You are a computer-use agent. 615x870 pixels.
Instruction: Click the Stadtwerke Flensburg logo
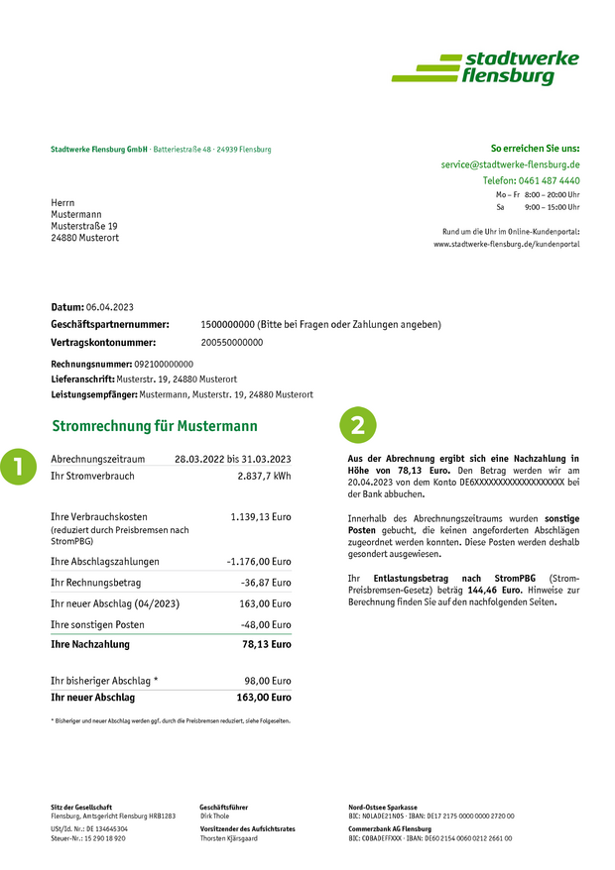click(485, 67)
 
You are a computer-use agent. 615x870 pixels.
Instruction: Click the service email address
click(510, 164)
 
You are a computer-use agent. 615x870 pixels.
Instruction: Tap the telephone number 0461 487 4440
click(547, 180)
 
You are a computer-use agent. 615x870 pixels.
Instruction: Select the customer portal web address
click(506, 244)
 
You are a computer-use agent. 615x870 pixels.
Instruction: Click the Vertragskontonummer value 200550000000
click(232, 342)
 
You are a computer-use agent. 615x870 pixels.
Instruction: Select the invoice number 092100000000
click(164, 364)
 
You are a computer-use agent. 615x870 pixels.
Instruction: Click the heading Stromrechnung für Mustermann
click(154, 426)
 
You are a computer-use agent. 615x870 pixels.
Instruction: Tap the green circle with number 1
click(17, 466)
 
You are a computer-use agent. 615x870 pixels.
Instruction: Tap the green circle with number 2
click(358, 425)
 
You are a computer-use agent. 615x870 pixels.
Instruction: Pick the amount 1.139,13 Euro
click(261, 517)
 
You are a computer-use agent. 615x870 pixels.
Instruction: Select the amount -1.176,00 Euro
click(259, 562)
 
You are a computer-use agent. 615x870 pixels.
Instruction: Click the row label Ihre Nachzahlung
click(90, 644)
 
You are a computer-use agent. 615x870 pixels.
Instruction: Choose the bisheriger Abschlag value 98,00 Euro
click(269, 681)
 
